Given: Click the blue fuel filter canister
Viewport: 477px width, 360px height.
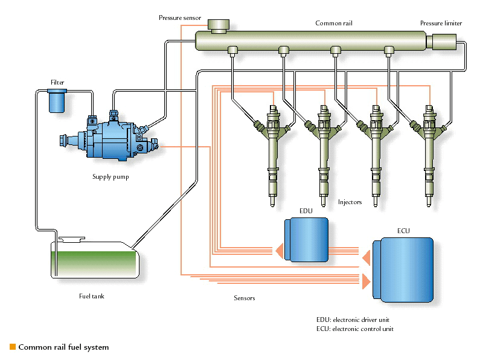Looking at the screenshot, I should pos(57,100).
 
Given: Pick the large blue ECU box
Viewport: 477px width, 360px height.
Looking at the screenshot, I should pos(403,269).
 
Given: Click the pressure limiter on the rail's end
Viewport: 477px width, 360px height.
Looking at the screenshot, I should pos(445,42).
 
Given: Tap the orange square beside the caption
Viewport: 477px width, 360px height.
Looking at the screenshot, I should pos(12,347).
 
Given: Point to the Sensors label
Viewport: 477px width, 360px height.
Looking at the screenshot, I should pos(245,298).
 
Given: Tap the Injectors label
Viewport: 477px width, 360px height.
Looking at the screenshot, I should pos(351,202).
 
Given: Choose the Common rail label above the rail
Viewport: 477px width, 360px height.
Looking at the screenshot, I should pos(334,24).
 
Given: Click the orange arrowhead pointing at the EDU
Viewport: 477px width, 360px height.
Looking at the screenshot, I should pos(279,248).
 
